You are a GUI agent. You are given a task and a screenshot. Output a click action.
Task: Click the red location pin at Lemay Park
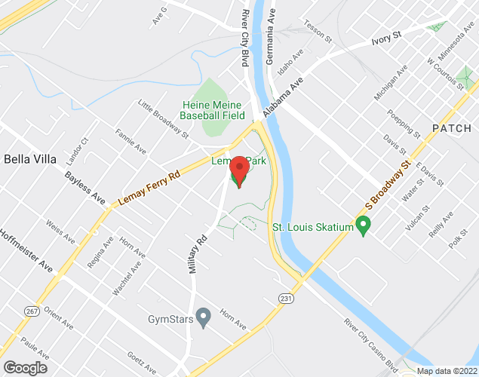tap(239, 170)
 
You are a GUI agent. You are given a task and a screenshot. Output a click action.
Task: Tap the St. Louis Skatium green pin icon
tap(364, 224)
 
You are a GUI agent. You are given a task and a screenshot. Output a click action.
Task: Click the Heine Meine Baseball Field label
tap(213, 110)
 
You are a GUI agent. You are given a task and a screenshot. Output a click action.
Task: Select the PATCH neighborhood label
tap(451, 127)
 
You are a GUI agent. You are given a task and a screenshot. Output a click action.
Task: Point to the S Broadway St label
tap(388, 185)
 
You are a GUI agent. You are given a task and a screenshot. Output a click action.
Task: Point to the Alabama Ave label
tap(284, 97)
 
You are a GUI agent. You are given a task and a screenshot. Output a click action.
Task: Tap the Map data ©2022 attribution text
tap(447, 371)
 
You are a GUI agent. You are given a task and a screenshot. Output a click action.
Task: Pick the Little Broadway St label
tap(163, 119)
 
